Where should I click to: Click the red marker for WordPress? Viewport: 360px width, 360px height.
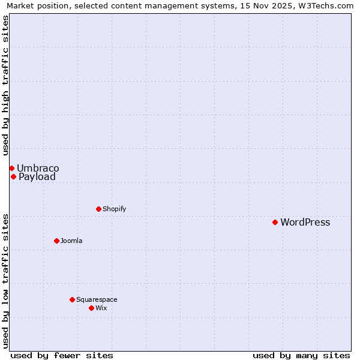pos(275,222)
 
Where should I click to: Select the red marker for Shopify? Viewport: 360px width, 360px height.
pos(98,209)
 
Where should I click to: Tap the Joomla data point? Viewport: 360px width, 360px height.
pos(56,241)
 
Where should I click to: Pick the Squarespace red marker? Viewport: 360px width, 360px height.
pos(72,299)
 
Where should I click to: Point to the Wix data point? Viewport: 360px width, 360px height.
pos(91,308)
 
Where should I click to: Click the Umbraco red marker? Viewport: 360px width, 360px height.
pos(11,168)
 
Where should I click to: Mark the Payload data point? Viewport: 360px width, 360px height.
pos(13,176)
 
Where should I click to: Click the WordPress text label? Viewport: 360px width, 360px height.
pos(305,223)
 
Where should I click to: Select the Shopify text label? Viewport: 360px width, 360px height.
pos(114,209)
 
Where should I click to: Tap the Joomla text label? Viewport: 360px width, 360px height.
pos(71,241)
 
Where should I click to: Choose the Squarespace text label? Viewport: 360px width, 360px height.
pos(97,300)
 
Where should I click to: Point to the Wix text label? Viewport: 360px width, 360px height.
pos(101,308)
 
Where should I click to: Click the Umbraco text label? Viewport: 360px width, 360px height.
pos(38,168)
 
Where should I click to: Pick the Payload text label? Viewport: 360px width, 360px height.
pos(37,177)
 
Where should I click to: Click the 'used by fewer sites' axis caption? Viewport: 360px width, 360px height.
pos(62,355)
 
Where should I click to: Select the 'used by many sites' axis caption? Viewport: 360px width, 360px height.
pos(301,355)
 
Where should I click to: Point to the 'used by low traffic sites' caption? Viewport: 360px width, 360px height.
pos(6,281)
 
